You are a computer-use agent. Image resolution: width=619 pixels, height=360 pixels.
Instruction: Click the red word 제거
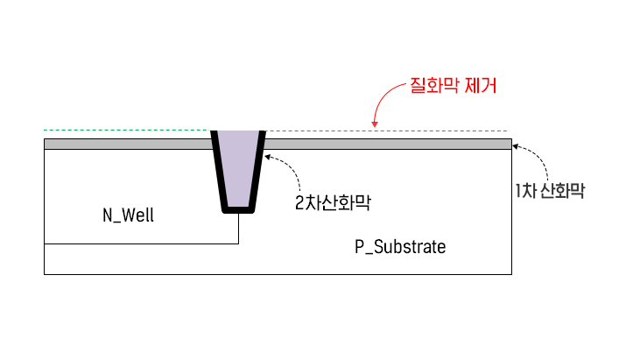pos(481,86)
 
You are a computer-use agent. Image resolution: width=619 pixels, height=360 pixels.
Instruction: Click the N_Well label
pos(128,215)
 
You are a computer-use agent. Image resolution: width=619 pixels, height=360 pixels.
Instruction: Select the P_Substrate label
pos(400,247)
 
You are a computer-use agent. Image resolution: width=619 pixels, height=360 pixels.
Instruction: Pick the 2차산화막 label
pos(334,203)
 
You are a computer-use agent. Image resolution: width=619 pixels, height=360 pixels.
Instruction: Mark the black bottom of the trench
pos(238,209)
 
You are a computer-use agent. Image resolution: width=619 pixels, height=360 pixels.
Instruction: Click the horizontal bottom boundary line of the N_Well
pos(140,243)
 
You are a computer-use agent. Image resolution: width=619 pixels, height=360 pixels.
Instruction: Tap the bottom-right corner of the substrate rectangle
pos(511,274)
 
